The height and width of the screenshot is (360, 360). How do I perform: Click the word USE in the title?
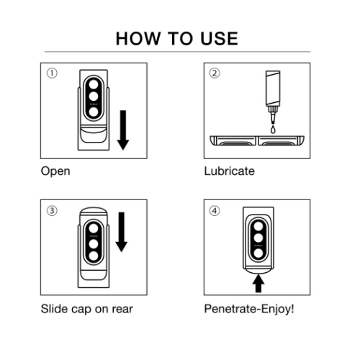click(x=219, y=39)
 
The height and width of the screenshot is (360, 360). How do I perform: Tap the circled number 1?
click(x=52, y=73)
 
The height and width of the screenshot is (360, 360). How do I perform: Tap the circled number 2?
click(x=215, y=73)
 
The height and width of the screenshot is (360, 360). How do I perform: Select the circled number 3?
click(x=52, y=211)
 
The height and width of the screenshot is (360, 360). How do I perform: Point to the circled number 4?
click(x=215, y=211)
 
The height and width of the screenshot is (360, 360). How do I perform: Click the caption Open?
click(x=55, y=171)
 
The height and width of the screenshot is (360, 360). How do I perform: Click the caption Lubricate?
click(x=229, y=171)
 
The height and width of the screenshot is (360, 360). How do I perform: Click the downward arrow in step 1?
click(x=123, y=130)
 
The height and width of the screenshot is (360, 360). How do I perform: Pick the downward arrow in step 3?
click(x=122, y=232)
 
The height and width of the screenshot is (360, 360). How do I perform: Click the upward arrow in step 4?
click(x=258, y=283)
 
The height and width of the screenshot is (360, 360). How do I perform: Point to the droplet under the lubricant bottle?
click(x=273, y=129)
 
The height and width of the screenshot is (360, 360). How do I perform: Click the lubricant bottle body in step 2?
click(x=273, y=89)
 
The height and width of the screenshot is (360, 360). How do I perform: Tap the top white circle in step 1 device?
click(x=94, y=84)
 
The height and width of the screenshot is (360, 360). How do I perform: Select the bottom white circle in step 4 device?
click(x=258, y=253)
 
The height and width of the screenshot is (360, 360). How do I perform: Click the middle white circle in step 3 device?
click(x=94, y=244)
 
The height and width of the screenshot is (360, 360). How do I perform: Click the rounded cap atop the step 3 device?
click(x=94, y=212)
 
